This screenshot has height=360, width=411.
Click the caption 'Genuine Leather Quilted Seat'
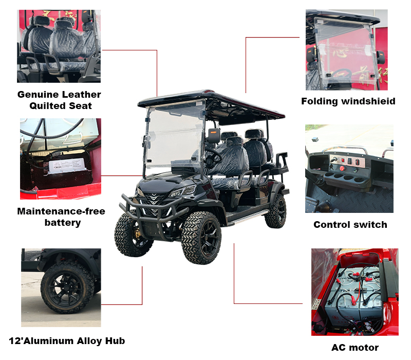(x=59, y=100)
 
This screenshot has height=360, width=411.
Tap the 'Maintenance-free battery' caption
(x=61, y=217)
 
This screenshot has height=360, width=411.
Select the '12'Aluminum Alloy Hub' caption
(x=67, y=340)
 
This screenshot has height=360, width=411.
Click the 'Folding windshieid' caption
(x=348, y=101)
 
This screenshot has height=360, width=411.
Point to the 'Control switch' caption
(x=350, y=224)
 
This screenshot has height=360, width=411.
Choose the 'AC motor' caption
(x=354, y=348)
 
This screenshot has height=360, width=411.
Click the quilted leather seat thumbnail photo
(x=59, y=46)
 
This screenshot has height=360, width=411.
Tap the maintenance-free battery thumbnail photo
(x=60, y=159)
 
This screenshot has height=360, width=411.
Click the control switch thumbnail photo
(x=349, y=168)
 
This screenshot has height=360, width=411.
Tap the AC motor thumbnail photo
(x=354, y=292)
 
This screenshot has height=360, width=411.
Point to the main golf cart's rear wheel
(x=276, y=211)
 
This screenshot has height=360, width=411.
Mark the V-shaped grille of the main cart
(x=154, y=197)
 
